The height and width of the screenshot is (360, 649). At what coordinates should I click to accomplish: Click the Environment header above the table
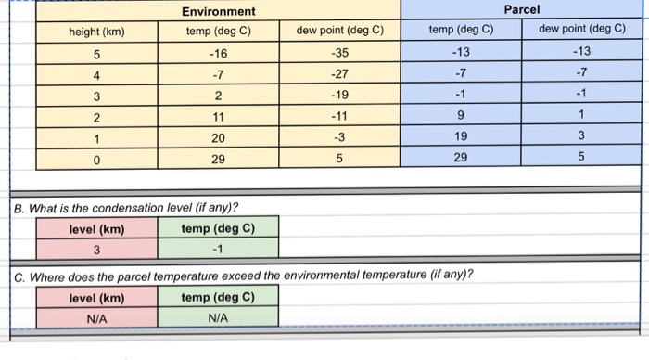(x=218, y=11)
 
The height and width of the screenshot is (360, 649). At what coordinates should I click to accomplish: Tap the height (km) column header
(x=96, y=31)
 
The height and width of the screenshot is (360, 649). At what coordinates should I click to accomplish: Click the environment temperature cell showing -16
(x=219, y=52)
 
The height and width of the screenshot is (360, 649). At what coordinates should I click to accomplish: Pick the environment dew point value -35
(x=339, y=52)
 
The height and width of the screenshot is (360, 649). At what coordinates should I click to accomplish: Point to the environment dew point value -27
(x=339, y=73)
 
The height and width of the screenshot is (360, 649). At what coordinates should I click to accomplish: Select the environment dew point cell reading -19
(x=339, y=95)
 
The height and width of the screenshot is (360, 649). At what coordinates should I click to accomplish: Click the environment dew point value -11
(x=339, y=116)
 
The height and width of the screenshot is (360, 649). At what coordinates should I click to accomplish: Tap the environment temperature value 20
(x=219, y=137)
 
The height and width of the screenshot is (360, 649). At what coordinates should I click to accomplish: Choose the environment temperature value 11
(x=219, y=116)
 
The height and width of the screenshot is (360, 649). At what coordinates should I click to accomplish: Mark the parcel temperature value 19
(x=460, y=137)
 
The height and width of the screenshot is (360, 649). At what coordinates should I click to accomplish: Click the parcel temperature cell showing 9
(x=460, y=116)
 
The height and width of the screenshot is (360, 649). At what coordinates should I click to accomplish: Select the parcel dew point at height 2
(x=581, y=116)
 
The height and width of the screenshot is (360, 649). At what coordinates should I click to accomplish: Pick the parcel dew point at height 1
(x=581, y=137)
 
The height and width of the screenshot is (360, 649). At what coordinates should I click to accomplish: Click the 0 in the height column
(x=96, y=159)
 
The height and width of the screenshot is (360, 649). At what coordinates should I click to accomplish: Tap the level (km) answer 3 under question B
(x=96, y=250)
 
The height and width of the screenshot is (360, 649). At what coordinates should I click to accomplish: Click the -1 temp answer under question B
(x=218, y=250)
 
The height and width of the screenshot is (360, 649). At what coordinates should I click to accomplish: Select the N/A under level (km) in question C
(x=96, y=318)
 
